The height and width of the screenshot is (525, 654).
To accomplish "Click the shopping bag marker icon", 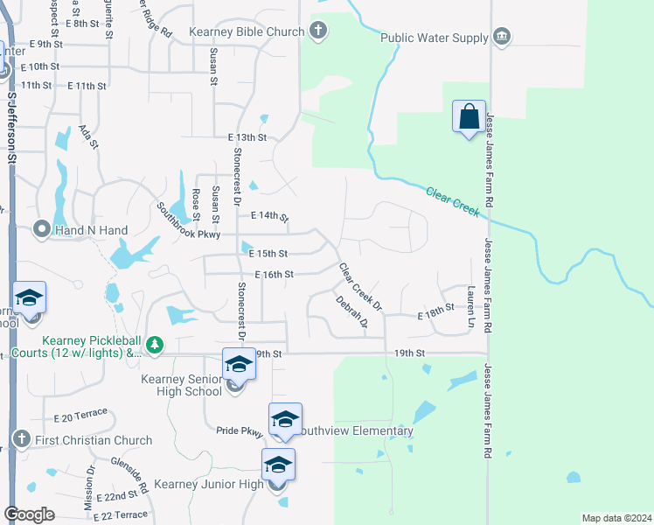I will (x=469, y=116).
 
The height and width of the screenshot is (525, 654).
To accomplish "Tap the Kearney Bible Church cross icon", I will (x=318, y=31).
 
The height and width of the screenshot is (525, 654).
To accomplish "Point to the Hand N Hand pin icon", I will (x=40, y=229).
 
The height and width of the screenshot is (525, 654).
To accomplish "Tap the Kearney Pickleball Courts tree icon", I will (x=155, y=346).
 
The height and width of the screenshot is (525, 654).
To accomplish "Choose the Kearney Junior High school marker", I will (x=278, y=465).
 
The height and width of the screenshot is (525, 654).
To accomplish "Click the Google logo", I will (x=29, y=514).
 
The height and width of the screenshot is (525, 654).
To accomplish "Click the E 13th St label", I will (x=246, y=138).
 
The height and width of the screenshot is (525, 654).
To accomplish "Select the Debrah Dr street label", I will (x=351, y=311).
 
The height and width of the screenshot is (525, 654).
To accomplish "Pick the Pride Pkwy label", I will (x=240, y=430).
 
